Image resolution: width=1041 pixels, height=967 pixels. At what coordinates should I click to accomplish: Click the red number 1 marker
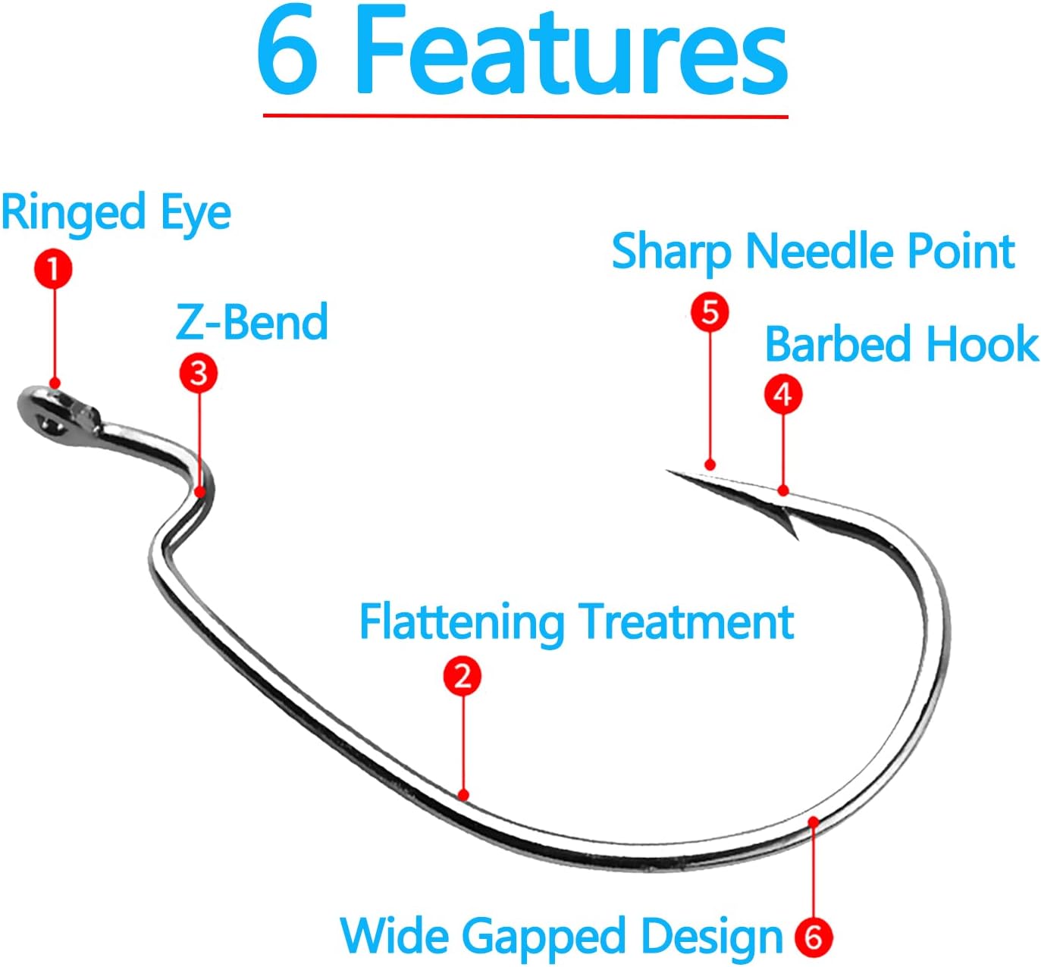click(53, 270)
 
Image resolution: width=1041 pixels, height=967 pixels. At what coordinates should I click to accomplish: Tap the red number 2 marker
click(462, 675)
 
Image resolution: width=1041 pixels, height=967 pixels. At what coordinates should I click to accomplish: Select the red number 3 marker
click(199, 373)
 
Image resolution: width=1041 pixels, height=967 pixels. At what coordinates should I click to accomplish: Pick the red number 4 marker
click(782, 395)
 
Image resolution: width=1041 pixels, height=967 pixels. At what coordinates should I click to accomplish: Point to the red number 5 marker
click(710, 312)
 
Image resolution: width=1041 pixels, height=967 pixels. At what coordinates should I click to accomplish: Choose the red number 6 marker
click(813, 937)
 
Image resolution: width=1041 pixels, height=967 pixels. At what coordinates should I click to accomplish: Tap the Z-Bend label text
click(252, 322)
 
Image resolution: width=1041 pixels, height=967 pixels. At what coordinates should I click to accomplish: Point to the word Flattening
click(461, 623)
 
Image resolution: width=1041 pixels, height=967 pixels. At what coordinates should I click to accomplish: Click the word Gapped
click(544, 937)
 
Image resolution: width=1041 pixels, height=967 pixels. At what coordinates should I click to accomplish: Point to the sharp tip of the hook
click(670, 472)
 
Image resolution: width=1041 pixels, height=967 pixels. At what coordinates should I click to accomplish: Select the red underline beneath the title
click(525, 116)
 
